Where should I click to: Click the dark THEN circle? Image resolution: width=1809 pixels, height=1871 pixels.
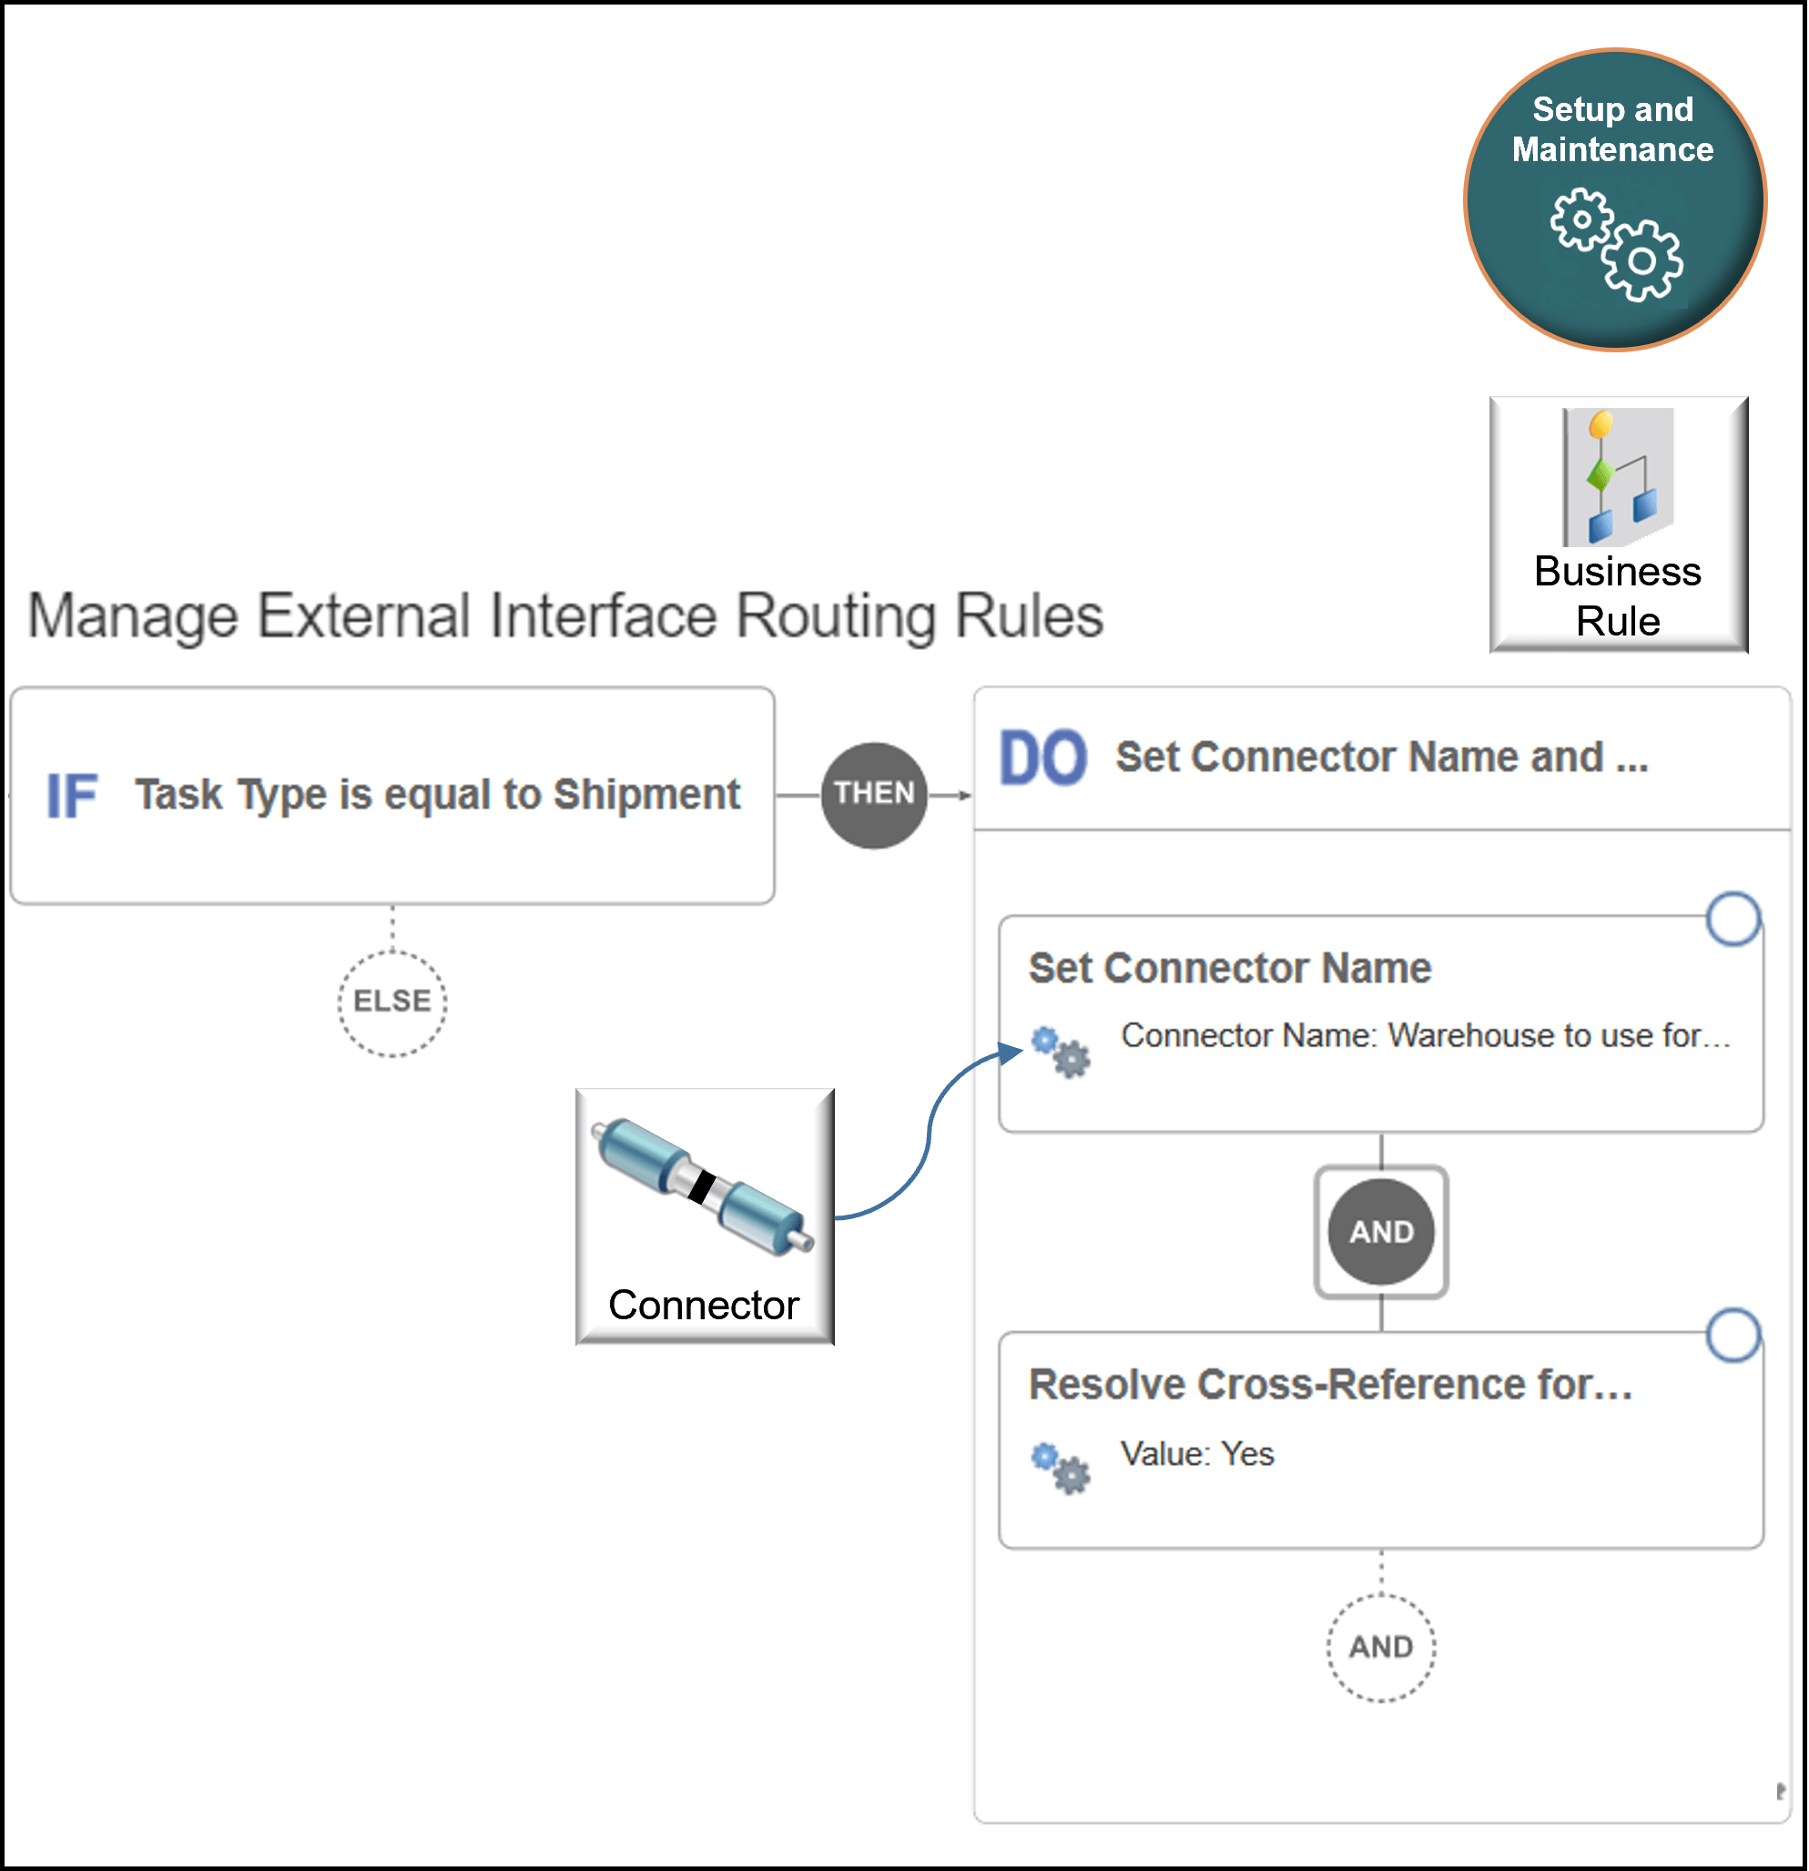pos(873,795)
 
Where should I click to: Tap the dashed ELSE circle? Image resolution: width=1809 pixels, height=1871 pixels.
pos(391,1002)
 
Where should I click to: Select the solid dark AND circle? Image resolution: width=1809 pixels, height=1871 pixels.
pos(1380,1232)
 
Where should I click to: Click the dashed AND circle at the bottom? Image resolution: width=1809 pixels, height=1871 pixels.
pos(1380,1647)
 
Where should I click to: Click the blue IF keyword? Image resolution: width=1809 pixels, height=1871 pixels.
pos(72,797)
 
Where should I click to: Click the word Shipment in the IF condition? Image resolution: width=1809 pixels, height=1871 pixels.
pos(646,795)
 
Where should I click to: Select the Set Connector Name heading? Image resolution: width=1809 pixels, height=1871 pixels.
pos(1230,968)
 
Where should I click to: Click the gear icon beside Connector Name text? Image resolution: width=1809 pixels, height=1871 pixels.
pos(1061,1052)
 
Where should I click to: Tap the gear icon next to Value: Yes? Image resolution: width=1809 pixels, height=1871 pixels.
pos(1061,1469)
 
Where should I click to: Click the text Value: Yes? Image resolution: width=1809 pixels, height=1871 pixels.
pos(1196,1454)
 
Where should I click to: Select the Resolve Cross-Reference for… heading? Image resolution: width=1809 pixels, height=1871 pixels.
pos(1330,1384)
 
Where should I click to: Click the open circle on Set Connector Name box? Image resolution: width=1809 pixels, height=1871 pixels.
pos(1733,919)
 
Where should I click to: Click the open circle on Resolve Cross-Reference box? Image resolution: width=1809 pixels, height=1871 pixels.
pos(1733,1335)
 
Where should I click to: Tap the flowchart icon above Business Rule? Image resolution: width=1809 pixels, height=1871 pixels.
pos(1618,476)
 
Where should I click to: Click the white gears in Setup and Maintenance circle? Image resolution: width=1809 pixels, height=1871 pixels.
pos(1615,244)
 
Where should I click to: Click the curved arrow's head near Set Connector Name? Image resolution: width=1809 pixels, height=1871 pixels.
pos(1011,1052)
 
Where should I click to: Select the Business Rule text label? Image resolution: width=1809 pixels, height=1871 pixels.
pos(1617,595)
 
